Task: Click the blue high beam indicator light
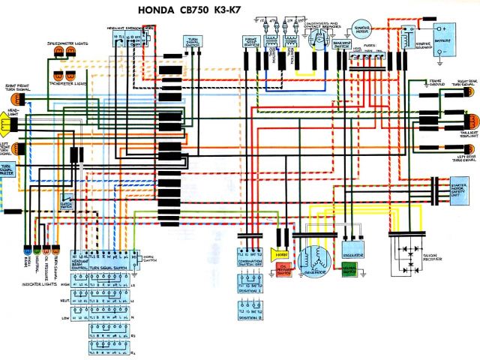27,249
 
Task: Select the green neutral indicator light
37,249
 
